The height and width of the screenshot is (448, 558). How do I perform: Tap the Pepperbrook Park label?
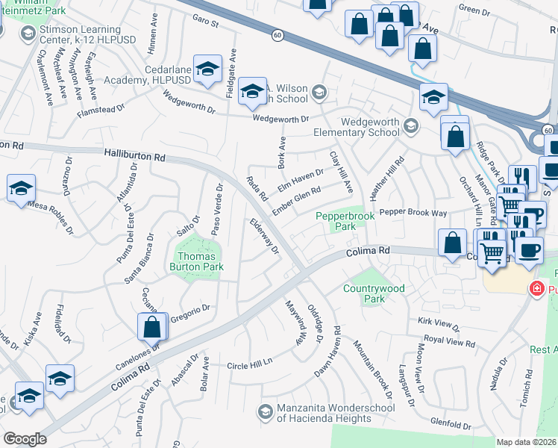coord(344,220)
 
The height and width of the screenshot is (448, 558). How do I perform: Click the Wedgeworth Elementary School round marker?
coord(409,125)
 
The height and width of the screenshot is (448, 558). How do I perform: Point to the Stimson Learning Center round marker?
coord(28,34)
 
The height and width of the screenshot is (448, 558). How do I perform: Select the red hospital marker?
coord(536,289)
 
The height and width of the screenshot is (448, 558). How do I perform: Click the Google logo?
coord(25,439)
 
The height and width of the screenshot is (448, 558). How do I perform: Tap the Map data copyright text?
coord(527,442)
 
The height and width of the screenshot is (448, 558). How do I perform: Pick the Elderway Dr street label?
coord(265,235)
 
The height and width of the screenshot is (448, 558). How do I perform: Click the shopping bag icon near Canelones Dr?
coord(151,327)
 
